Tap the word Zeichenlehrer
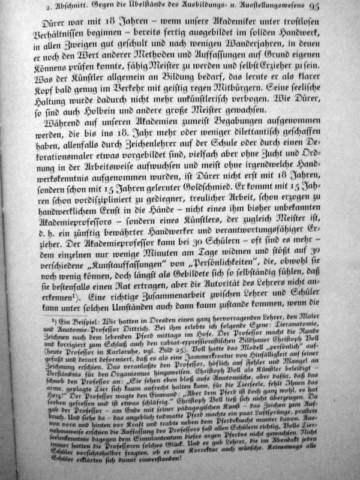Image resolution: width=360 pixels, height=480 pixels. (152, 156)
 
